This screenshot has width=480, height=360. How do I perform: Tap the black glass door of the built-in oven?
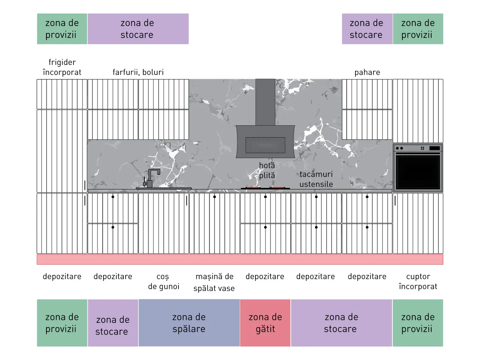coord(418,172)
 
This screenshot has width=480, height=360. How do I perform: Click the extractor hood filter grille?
coord(265,145)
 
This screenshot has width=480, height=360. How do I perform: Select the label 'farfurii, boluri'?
coord(138,72)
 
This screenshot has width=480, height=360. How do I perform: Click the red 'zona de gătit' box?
coord(265,323)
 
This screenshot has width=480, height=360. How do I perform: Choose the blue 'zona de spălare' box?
coord(189,323)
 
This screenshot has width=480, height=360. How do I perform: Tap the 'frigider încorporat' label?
coord(62,67)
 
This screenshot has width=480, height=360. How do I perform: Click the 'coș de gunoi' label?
coord(163,282)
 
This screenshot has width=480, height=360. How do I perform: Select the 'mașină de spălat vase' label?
coord(214,282)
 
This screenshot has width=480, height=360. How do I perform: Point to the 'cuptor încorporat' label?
coord(418,282)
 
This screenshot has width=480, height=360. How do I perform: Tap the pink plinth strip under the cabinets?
coord(240,259)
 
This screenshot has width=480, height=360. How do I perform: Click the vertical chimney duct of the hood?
coord(265,102)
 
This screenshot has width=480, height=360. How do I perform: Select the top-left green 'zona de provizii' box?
coord(62,29)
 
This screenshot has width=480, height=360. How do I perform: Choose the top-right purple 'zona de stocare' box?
coord(367,29)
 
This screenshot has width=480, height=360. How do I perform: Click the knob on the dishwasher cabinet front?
coord(214,197)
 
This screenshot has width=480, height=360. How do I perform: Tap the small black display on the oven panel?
coord(435,148)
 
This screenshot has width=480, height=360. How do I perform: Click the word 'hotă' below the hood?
coord(267,165)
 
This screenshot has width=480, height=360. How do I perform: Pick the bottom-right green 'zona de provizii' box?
coord(418,323)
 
